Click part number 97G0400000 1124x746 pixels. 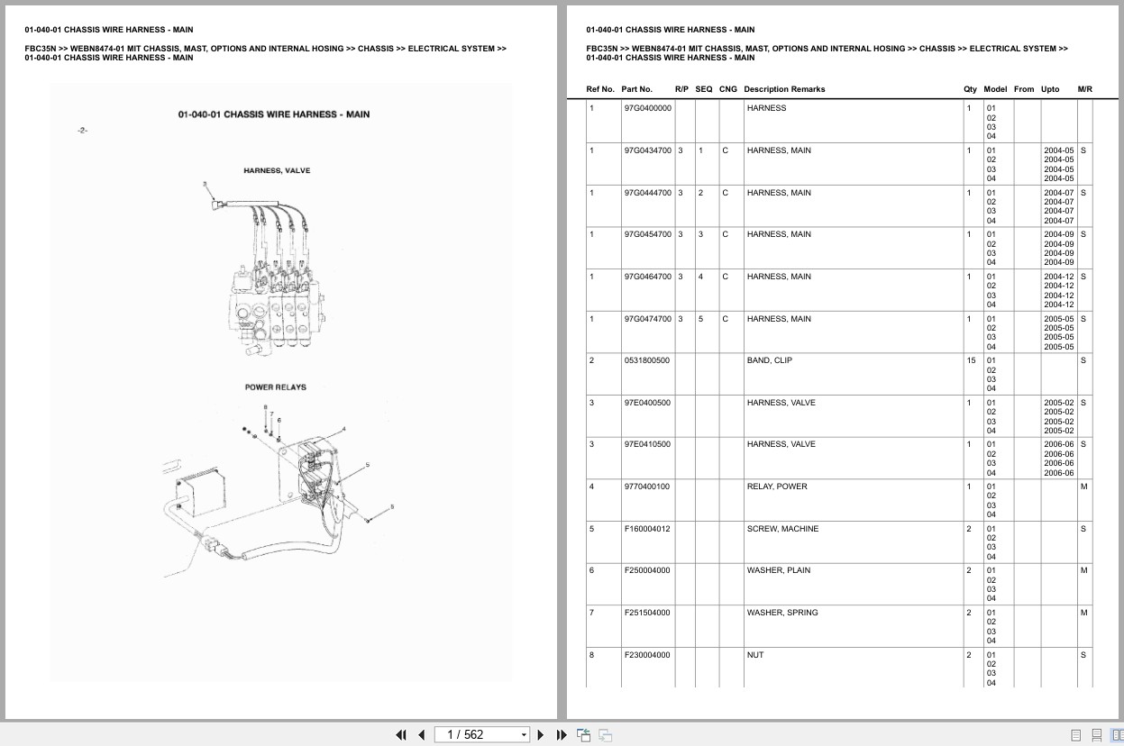[x=647, y=108]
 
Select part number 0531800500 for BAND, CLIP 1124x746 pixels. [x=647, y=360]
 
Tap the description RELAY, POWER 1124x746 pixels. [x=777, y=487]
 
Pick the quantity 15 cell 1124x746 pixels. [x=971, y=360]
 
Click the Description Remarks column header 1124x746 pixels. [x=784, y=89]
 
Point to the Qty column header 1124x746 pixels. [x=970, y=89]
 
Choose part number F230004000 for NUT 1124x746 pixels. [x=647, y=655]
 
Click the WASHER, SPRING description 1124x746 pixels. [x=782, y=613]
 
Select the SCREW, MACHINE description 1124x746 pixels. [x=782, y=529]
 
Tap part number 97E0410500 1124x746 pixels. [x=647, y=444]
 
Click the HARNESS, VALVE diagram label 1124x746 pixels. [x=277, y=170]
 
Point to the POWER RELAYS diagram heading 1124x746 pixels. [x=276, y=387]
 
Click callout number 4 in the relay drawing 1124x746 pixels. [x=343, y=429]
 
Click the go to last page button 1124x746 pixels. [x=562, y=735]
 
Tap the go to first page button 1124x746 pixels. [x=401, y=735]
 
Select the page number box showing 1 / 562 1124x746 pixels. [x=481, y=735]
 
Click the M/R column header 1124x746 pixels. [x=1084, y=89]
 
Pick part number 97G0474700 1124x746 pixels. [x=647, y=319]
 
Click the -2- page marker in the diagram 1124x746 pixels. [x=82, y=131]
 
